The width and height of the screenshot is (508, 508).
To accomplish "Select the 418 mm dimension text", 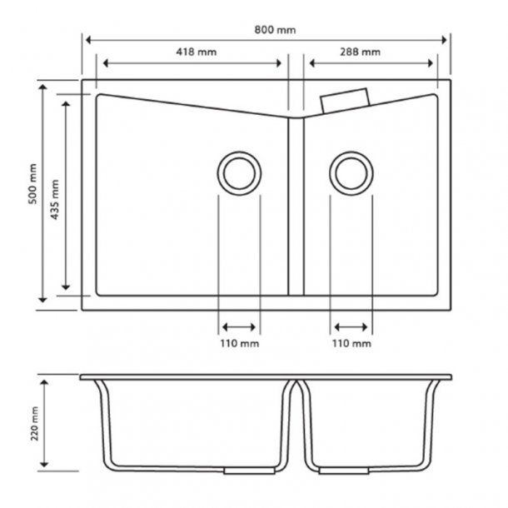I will coord(196,52).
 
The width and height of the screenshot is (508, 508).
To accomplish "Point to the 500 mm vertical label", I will coord(32,184).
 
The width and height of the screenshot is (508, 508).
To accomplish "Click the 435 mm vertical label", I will coord(55,199).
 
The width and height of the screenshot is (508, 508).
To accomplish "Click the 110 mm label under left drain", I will coord(239,343).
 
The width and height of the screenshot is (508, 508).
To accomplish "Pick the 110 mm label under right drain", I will coord(351,343).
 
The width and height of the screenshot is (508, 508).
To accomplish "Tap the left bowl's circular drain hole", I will coord(239,173).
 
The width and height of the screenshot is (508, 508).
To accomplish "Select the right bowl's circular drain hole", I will coord(351,173).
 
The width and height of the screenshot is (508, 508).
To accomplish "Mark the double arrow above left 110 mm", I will coord(239,326).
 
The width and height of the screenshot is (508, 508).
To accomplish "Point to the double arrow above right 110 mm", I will coord(351,326).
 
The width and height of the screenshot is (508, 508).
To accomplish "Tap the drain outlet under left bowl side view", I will coord(238,471).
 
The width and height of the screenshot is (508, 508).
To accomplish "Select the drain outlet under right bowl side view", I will coord(351,471).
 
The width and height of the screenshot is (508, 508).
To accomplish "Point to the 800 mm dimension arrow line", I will coord(167,40).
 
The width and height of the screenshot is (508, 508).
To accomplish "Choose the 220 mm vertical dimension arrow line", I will coord(47,423).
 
